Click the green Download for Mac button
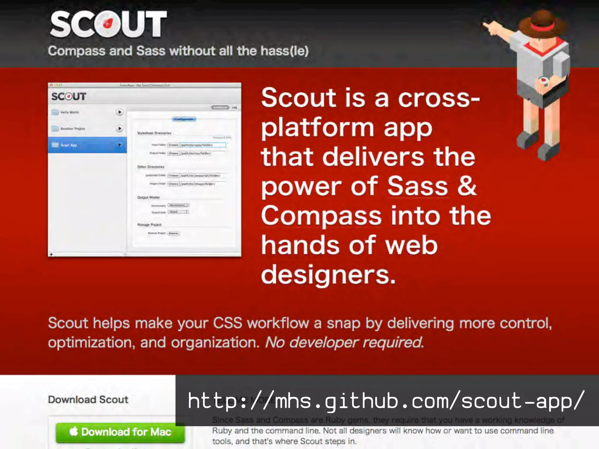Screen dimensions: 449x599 pos(120,432)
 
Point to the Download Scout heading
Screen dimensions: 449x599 pos(88,399)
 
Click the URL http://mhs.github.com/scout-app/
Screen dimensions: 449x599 pos(386,400)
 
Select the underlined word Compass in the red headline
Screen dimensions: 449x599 pos(321,216)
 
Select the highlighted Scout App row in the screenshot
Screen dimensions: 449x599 pos(87,145)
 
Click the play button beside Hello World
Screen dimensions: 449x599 pos(119,112)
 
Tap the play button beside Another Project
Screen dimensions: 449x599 pos(119,129)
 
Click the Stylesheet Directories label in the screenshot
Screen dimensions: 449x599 pos(154,133)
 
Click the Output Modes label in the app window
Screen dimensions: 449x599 pos(148,197)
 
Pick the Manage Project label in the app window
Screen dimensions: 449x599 pos(149,224)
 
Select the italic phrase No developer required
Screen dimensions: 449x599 pos(344,342)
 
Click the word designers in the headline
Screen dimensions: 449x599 pos(328,275)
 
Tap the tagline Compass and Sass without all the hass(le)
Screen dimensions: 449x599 pos(178,51)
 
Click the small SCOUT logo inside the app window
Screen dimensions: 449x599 pos(69,96)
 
